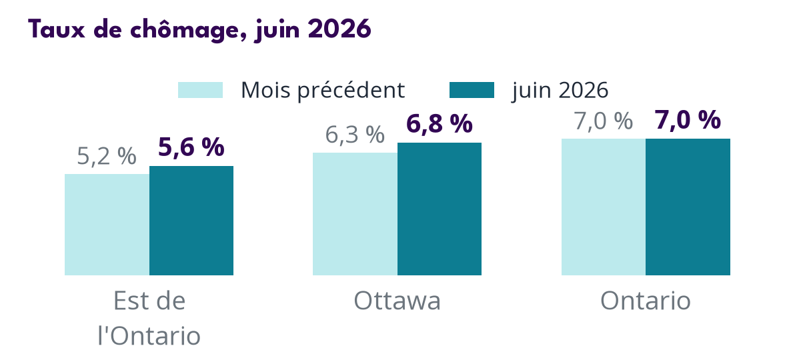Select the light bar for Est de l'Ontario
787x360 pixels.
(x=107, y=225)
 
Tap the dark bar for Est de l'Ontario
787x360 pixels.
(x=191, y=221)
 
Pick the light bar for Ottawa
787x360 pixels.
(x=355, y=214)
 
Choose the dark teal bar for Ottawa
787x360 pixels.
(x=439, y=209)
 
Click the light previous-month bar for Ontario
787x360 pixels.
(x=604, y=207)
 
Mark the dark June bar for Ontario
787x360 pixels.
(x=688, y=207)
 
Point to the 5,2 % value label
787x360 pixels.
(x=107, y=157)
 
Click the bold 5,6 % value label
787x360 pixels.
(x=191, y=147)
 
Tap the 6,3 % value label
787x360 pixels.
(x=355, y=135)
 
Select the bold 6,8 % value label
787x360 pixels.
(x=439, y=124)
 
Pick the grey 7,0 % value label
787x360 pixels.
(x=604, y=121)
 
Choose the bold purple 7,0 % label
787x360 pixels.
(x=688, y=121)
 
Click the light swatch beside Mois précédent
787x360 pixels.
(x=200, y=90)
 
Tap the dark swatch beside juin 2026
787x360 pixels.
(x=472, y=90)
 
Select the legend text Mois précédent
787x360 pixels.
(x=323, y=90)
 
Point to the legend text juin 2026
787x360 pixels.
(x=560, y=91)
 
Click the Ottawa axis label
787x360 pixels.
(x=397, y=301)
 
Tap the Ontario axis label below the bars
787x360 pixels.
(x=646, y=301)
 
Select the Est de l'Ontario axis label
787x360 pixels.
(x=149, y=319)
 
